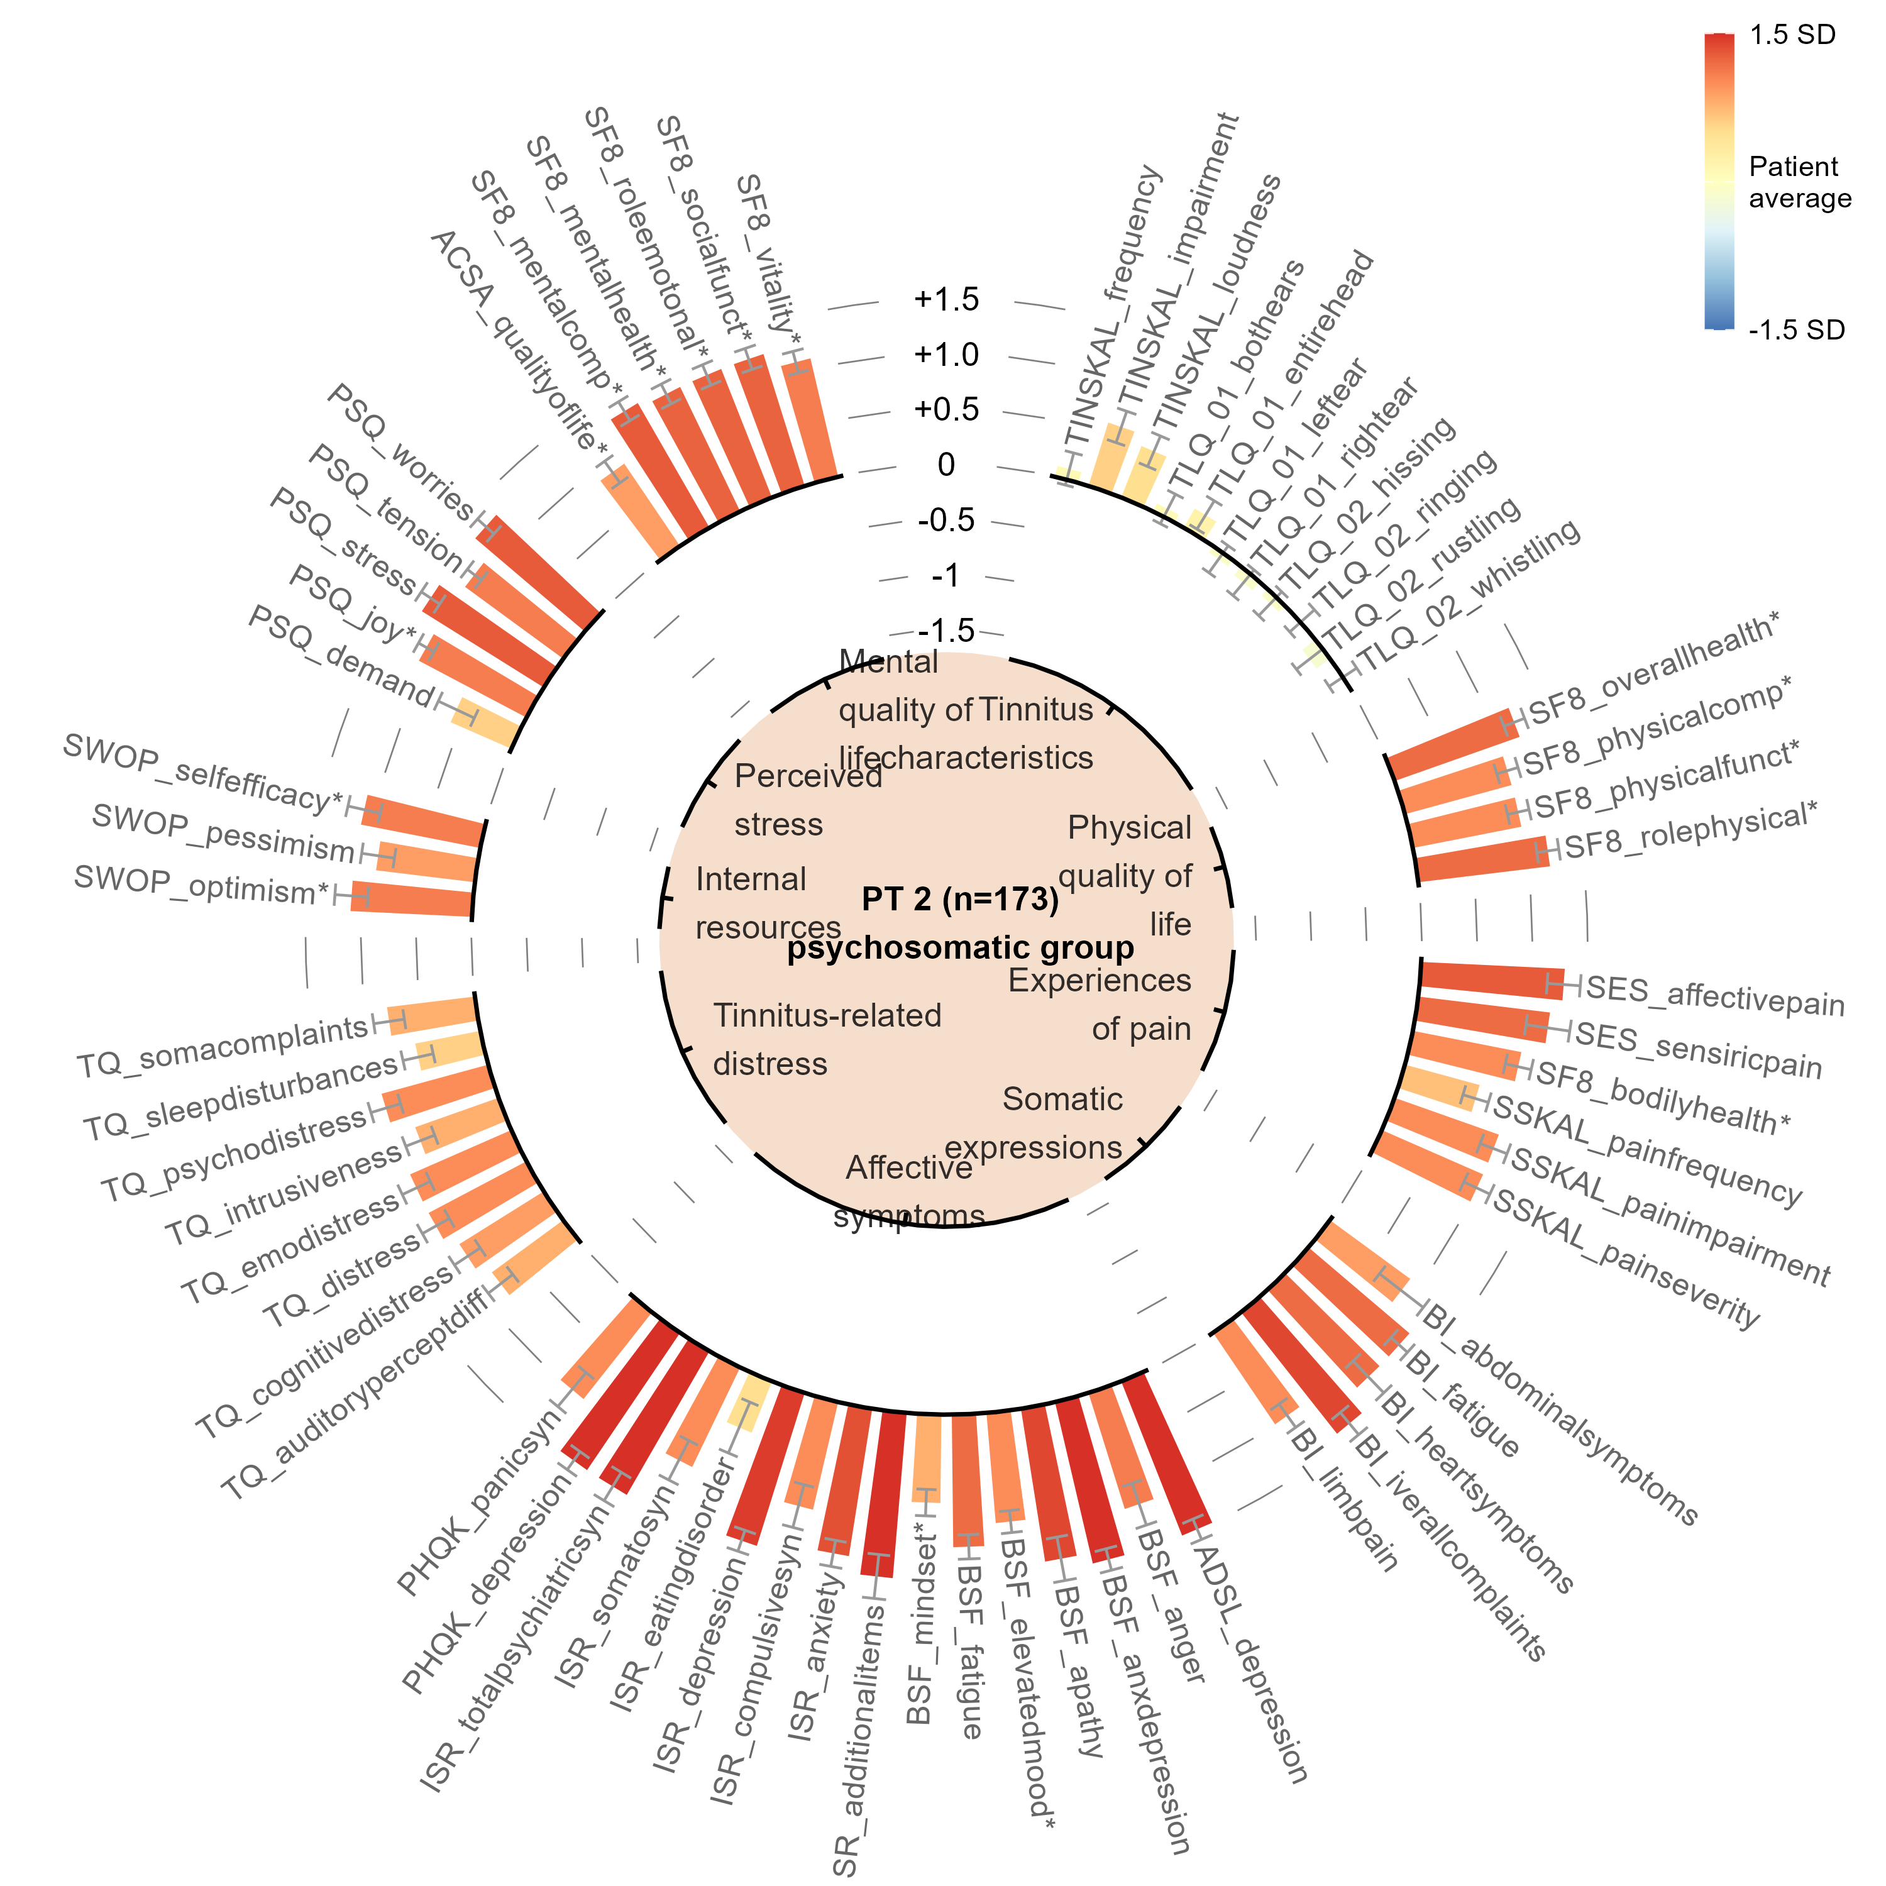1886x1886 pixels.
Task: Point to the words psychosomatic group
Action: pos(961,948)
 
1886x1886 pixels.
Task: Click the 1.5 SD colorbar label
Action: pos(1792,35)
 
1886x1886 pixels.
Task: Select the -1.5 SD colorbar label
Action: pos(1796,330)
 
